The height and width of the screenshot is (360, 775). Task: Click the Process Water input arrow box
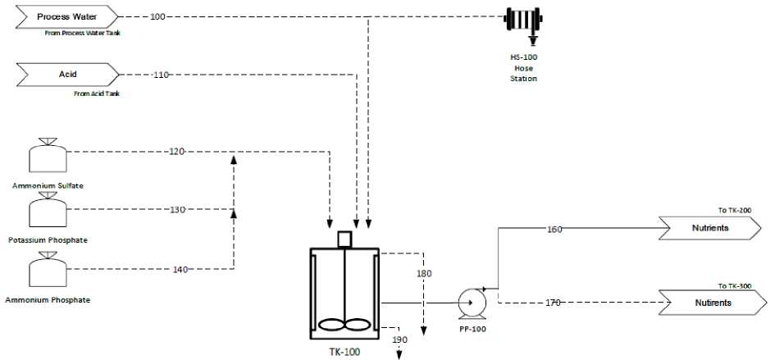(x=68, y=16)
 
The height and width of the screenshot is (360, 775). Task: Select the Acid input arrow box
(x=68, y=75)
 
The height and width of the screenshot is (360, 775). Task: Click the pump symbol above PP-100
(x=472, y=302)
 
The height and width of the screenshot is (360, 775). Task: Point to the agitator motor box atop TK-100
(x=344, y=239)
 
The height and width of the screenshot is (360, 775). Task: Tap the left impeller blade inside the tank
(x=331, y=325)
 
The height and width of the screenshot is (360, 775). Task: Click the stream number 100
(x=157, y=16)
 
